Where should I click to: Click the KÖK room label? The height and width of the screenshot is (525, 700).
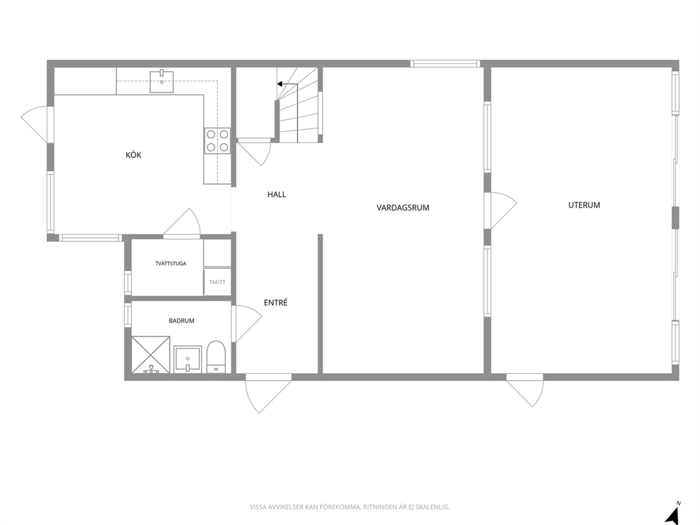pos(133,155)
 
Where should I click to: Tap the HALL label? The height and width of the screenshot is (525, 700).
pos(277,194)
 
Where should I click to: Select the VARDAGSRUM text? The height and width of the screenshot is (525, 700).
pos(403,207)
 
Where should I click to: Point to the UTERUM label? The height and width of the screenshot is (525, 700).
pos(584,205)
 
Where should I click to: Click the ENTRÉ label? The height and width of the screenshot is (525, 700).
pos(275,302)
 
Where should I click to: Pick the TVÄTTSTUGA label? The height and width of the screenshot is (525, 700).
pos(171,263)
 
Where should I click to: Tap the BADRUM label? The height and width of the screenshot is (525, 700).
pos(181,320)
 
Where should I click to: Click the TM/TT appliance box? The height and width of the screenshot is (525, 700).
pos(217,282)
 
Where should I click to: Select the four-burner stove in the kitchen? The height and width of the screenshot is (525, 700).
pos(217,140)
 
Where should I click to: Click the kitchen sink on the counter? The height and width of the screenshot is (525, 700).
pos(162,81)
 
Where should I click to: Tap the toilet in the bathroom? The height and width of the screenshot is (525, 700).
pos(217,356)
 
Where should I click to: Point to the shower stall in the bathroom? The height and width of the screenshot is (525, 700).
pos(151,354)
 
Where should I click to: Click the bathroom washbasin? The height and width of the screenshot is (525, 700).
pos(188,358)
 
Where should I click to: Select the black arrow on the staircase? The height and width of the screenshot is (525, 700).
pos(287,84)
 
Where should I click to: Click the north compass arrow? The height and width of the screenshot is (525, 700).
pos(672,514)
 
